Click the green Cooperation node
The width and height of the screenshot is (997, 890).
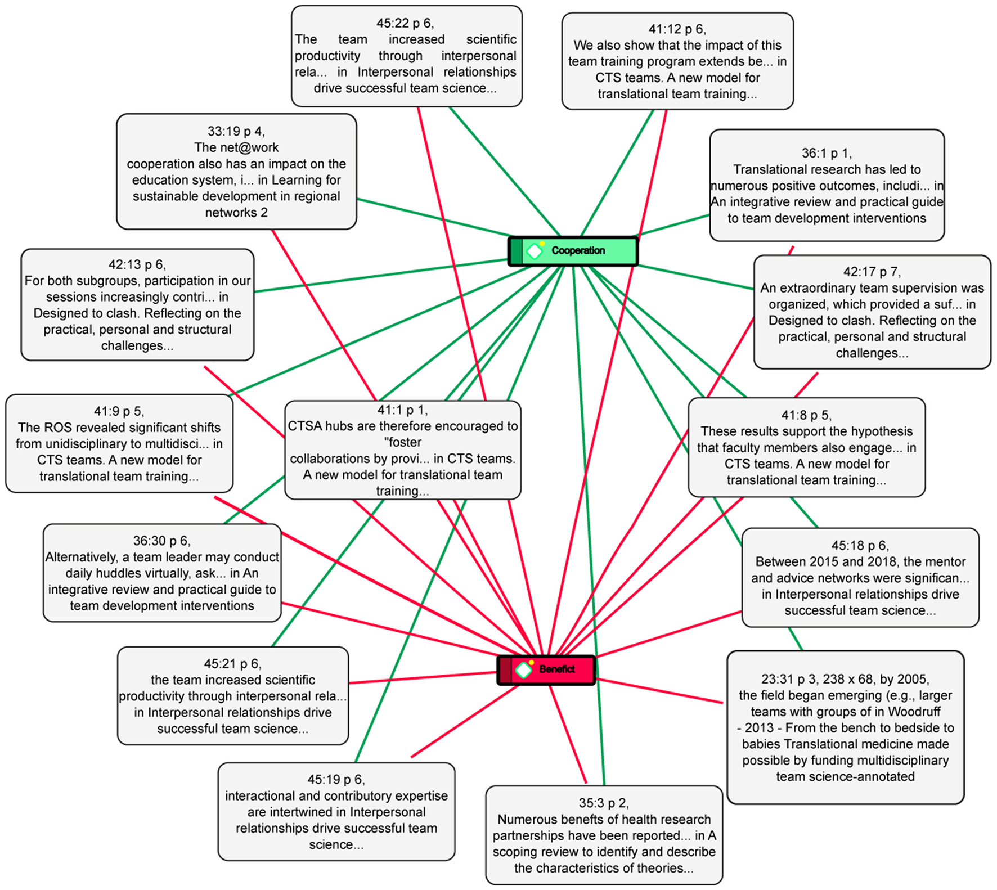pos(573,251)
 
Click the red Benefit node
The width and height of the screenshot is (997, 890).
pos(546,669)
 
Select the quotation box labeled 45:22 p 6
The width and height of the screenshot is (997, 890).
pos(406,56)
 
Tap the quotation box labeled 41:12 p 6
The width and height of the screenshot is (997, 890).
pos(677,61)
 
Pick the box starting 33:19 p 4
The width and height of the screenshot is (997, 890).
pos(236,172)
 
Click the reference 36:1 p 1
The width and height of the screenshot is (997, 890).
pos(827,186)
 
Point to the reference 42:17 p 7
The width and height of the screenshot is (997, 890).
pos(872,312)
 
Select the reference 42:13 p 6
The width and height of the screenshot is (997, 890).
pos(137,304)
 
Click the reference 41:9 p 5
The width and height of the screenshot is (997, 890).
pos(119,443)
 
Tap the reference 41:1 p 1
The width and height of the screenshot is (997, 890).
pos(402,450)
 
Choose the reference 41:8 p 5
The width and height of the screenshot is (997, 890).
pos(806,447)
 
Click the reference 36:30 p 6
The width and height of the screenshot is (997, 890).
pos(162,573)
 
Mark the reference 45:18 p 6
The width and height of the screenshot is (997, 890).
pos(860,577)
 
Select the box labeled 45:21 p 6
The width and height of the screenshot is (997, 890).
pos(232,696)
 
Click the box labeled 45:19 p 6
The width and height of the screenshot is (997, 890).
pos(336,811)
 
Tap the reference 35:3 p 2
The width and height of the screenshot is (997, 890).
pos(604,835)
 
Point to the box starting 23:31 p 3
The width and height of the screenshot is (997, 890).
pos(845,727)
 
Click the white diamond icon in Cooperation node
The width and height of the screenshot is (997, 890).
pos(534,251)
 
